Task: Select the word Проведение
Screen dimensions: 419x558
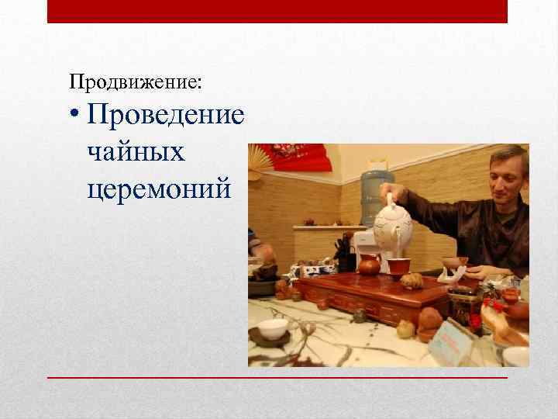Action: (x=166, y=116)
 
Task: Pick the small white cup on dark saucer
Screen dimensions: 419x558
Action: (x=272, y=329)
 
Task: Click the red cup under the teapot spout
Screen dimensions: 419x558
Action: (x=399, y=266)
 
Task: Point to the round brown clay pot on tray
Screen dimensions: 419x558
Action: (x=370, y=266)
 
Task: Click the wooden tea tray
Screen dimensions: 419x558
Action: (x=372, y=295)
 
